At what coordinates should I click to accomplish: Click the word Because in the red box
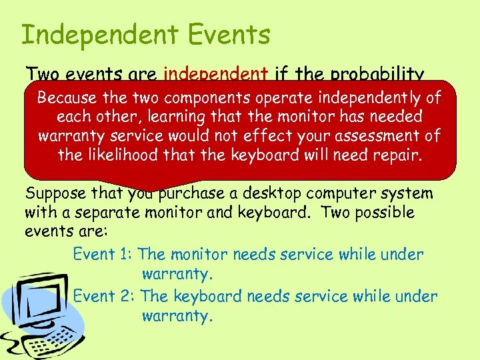pyautogui.click(x=67, y=98)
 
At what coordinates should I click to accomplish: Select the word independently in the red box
pyautogui.click(x=367, y=98)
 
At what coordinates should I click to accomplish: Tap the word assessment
pyautogui.click(x=369, y=136)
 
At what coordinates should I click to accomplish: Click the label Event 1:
pyautogui.click(x=103, y=254)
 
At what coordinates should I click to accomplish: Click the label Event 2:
pyautogui.click(x=104, y=296)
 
